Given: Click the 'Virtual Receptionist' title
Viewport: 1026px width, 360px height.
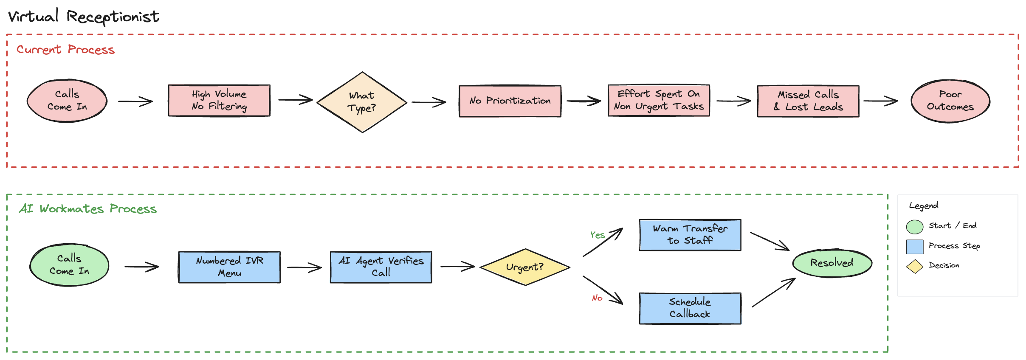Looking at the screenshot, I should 83,17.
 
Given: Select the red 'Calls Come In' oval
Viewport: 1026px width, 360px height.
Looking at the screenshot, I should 67,101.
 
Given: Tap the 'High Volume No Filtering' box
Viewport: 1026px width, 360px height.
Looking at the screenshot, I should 219,101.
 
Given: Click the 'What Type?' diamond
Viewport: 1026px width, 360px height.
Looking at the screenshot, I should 362,102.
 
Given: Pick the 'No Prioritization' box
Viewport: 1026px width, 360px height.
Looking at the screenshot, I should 510,101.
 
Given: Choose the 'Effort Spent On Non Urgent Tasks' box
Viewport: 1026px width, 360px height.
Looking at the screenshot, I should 659,101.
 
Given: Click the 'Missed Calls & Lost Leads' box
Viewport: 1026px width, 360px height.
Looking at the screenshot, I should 808,101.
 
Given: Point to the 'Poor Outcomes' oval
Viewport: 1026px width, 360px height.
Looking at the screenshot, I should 950,101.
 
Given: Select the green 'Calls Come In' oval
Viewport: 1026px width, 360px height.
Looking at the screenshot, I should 69,265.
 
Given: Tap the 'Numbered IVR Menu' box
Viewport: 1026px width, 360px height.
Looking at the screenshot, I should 229,267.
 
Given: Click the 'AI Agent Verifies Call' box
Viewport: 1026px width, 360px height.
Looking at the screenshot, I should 381,267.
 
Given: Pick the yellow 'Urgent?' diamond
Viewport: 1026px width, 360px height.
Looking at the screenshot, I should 525,267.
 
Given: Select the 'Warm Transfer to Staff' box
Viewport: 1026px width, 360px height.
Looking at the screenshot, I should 690,235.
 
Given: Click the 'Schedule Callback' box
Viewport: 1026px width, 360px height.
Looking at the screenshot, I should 690,308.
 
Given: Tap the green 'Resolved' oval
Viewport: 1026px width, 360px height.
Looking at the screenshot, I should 832,263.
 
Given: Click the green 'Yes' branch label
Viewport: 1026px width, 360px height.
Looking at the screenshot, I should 597,235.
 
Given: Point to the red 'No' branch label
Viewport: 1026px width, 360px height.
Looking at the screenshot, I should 597,298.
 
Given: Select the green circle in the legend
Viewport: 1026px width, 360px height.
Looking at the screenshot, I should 914,227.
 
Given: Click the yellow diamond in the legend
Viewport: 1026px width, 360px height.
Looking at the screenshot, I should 914,267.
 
